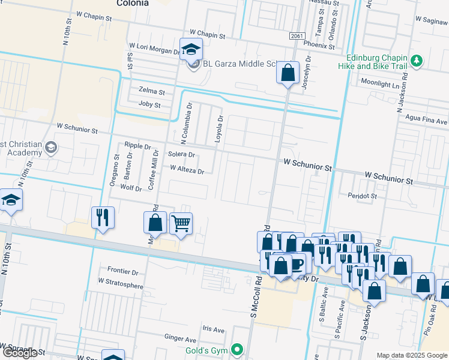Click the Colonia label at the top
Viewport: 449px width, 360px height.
point(132,3)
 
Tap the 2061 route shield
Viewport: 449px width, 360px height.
point(295,37)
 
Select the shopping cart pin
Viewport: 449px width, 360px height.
point(181,223)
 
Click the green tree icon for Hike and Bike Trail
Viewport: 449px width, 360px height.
point(415,61)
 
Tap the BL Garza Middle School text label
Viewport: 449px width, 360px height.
point(239,64)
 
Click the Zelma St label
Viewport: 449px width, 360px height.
point(152,92)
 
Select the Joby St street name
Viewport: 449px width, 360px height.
point(150,105)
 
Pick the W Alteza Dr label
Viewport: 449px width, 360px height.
point(187,171)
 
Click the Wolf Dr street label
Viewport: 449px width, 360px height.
point(131,188)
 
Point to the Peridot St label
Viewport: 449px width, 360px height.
point(363,196)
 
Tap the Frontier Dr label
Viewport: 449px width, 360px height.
point(122,271)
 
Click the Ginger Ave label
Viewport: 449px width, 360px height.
point(181,338)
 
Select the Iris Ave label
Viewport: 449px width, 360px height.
point(213,329)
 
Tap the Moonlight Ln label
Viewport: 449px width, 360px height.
point(379,85)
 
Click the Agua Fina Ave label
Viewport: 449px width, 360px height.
point(427,119)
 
